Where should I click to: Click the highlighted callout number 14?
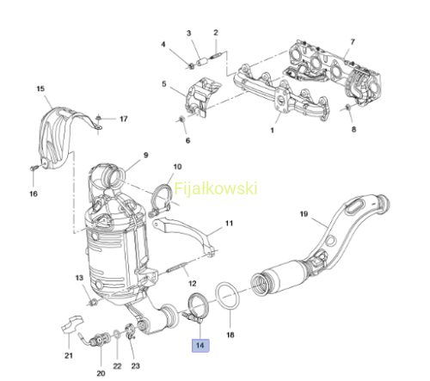tap(200, 345)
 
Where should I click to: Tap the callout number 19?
tap(304, 214)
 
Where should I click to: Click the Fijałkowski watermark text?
tap(216, 188)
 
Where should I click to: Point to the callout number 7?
tap(353, 42)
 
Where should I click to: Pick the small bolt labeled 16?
tap(34, 168)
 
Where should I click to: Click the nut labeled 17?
tap(98, 118)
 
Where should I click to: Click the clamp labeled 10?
tap(161, 200)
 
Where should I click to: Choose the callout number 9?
tap(146, 155)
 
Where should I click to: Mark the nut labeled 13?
tap(92, 302)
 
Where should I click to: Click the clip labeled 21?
tap(71, 324)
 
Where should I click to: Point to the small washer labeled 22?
tap(117, 334)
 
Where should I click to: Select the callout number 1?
tap(272, 131)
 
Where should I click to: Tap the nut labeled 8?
tap(347, 108)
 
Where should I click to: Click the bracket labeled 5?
tap(202, 97)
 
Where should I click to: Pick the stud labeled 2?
tap(215, 55)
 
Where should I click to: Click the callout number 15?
tap(40, 89)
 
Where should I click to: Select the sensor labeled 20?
tap(96, 340)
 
